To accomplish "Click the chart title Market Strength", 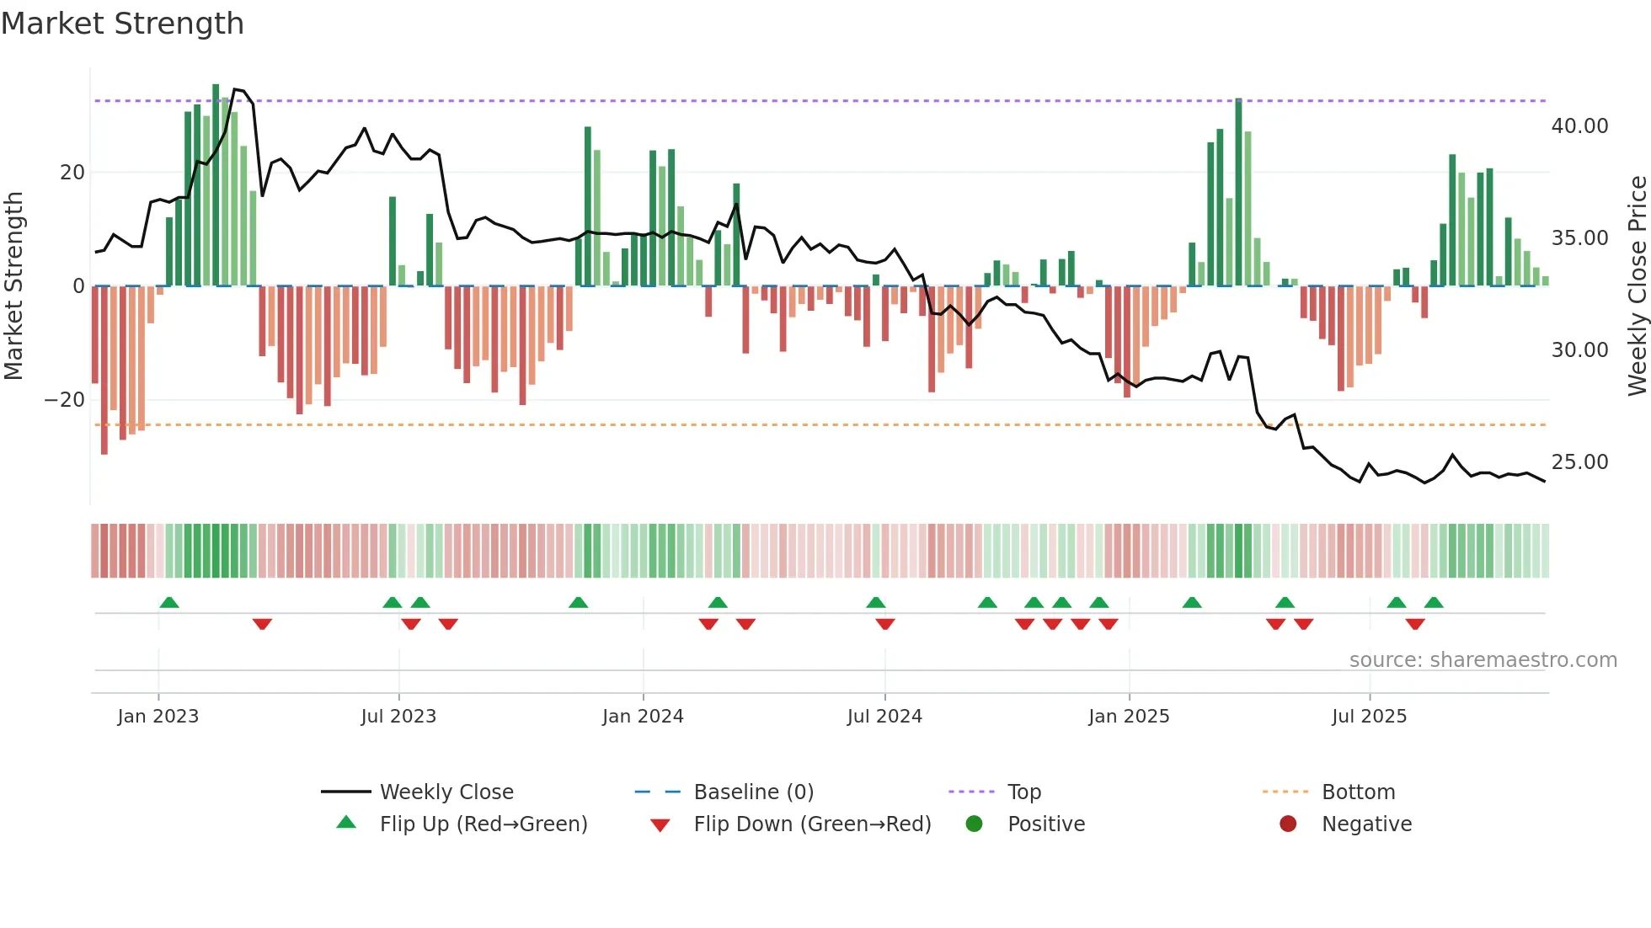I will [x=122, y=24].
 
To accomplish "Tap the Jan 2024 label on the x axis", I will [x=643, y=717].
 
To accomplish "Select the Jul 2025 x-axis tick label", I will [x=1369, y=717].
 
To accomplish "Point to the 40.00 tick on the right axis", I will [x=1579, y=126].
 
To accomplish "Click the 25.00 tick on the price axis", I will [x=1579, y=462].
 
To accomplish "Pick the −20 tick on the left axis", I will [x=65, y=400].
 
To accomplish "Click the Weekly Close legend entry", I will [x=446, y=792].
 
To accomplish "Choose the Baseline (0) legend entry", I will [x=753, y=792].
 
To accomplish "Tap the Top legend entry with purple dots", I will [x=1023, y=792].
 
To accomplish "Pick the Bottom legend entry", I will [x=1358, y=792].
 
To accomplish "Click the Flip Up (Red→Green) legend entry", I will [x=483, y=824].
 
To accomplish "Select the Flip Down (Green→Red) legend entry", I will [x=812, y=824].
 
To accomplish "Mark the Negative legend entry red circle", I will [x=1288, y=824].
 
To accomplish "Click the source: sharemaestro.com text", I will [x=1483, y=660].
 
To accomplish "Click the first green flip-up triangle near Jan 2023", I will [x=169, y=602].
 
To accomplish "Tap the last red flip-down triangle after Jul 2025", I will [x=1415, y=624].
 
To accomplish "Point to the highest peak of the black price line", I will [x=235, y=89].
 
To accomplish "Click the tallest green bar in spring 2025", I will [x=1238, y=192].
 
